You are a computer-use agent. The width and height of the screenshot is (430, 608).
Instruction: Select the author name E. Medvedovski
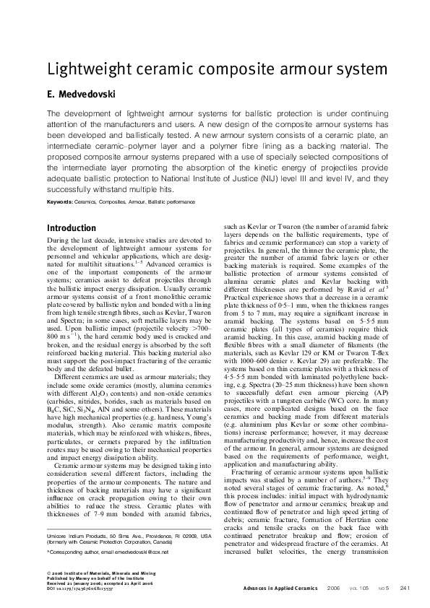pyautogui.click(x=79, y=95)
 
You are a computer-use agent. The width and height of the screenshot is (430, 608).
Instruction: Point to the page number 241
pyautogui.click(x=405, y=589)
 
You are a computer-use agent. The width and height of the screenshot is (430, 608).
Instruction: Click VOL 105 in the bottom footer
pyautogui.click(x=356, y=589)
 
